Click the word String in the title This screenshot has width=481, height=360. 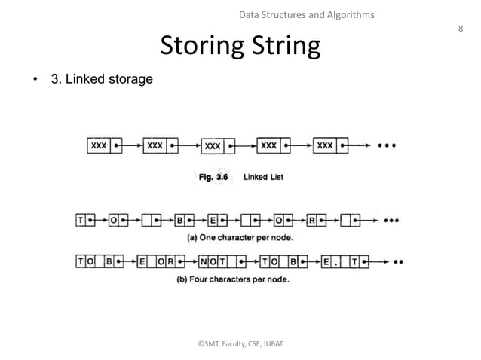(x=283, y=47)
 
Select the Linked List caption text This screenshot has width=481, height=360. (x=263, y=178)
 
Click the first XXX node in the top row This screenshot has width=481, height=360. (x=104, y=145)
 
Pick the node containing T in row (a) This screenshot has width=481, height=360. (x=84, y=221)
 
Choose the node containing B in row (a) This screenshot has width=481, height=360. (x=185, y=221)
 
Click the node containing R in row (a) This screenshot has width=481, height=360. (x=317, y=221)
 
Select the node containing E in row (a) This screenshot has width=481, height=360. (x=217, y=221)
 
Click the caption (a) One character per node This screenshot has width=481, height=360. (x=240, y=237)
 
